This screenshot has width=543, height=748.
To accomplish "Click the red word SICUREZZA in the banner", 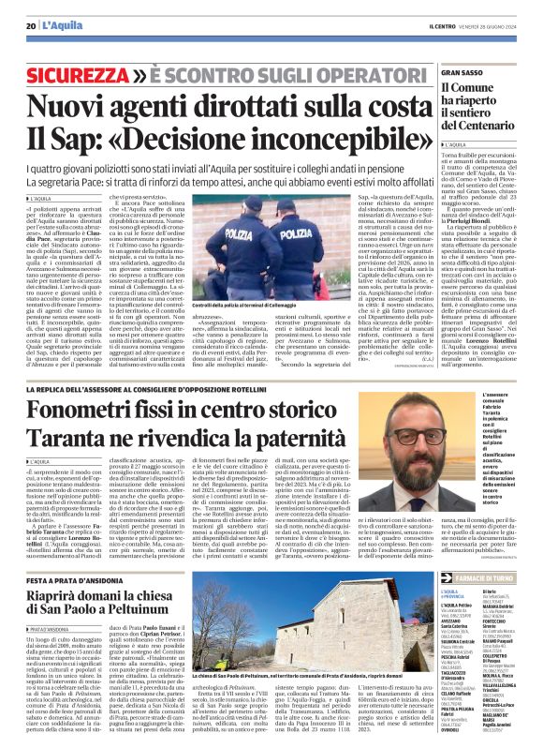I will click(78, 73).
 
